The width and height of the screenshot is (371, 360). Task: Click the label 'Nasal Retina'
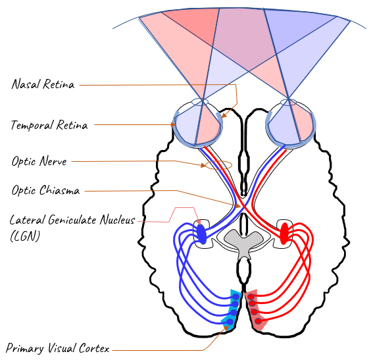click(x=43, y=84)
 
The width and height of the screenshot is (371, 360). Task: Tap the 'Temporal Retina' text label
click(x=49, y=125)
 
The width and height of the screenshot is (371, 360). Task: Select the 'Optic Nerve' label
click(x=39, y=161)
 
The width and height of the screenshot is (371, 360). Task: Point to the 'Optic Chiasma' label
click(x=45, y=190)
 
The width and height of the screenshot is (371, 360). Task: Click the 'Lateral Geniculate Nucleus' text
click(x=72, y=220)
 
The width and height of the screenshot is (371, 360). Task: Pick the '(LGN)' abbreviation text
click(x=25, y=236)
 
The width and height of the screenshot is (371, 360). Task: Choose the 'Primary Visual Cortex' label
click(x=57, y=348)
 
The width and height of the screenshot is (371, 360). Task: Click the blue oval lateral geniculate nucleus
click(x=201, y=234)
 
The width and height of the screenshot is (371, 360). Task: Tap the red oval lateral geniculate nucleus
click(x=284, y=234)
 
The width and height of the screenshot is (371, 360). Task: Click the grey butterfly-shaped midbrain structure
click(x=243, y=244)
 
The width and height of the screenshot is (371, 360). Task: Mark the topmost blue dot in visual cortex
click(x=235, y=297)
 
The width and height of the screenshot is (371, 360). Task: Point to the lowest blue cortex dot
click(x=230, y=321)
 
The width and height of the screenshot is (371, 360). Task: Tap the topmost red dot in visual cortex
click(x=251, y=297)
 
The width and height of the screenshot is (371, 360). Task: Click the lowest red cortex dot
click(x=258, y=321)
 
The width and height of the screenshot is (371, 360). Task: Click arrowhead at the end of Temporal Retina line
click(x=174, y=124)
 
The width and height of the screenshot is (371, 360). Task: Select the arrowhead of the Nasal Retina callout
click(x=224, y=115)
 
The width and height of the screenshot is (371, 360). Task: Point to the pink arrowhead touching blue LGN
click(x=199, y=222)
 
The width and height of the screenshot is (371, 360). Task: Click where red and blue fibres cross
click(x=241, y=206)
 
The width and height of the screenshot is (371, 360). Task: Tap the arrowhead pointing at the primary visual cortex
click(x=226, y=328)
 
